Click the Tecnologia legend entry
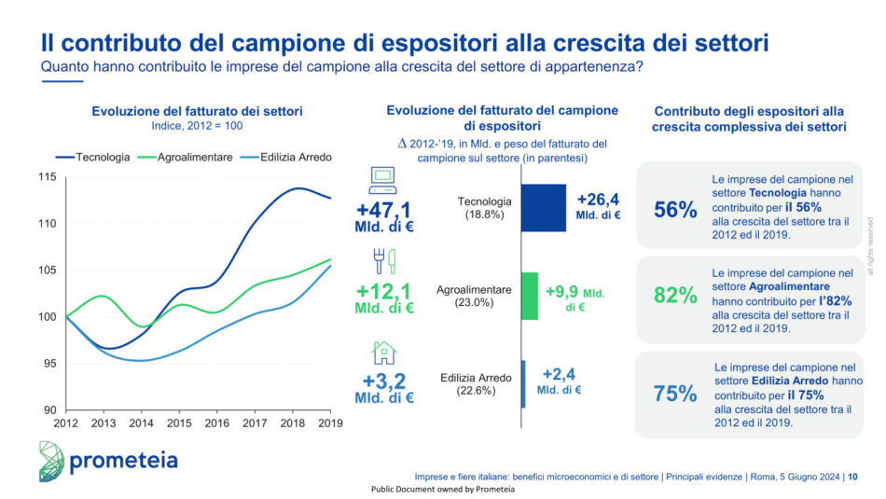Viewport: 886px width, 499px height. click(93, 157)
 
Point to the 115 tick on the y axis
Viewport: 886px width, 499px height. click(46, 177)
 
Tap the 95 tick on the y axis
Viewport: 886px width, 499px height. click(48, 364)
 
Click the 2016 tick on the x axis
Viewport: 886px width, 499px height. click(217, 423)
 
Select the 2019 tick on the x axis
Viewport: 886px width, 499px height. click(331, 423)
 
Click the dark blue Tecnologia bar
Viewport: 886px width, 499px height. click(543, 207)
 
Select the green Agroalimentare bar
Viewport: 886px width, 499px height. click(530, 296)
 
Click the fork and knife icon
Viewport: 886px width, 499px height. click(383, 260)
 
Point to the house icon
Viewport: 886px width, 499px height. click(383, 352)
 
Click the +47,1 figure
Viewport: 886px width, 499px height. click(383, 207)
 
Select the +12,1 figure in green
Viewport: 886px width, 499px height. click(383, 293)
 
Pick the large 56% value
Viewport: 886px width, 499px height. click(675, 211)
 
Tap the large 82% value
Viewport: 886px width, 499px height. click(675, 296)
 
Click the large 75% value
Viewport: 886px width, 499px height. click(675, 394)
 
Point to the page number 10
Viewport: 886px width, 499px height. click(853, 477)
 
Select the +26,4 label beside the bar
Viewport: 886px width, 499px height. click(598, 199)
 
